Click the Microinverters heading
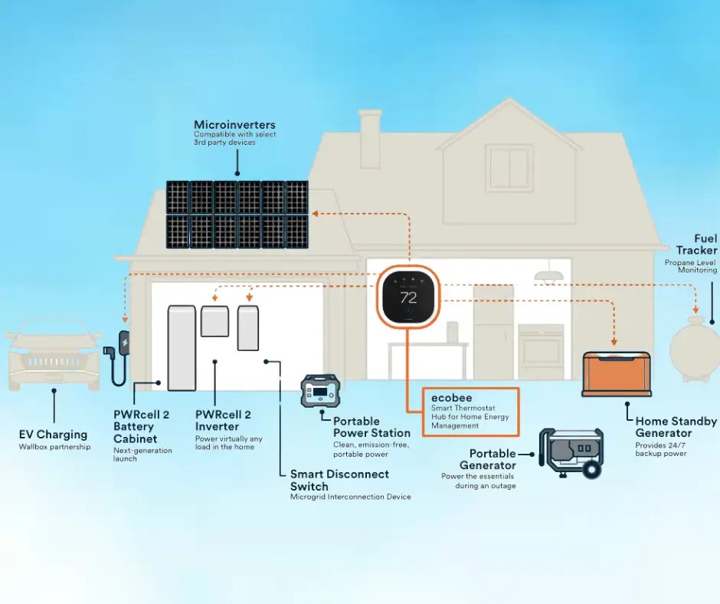pos(234,125)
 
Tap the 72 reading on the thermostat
pos(408,297)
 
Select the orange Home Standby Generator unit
pos(617,373)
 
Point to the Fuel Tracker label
pos(696,245)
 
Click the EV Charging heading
pos(53,435)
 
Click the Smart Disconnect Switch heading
pos(339,480)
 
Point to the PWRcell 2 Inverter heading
pos(228,420)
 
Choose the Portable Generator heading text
pos(488,459)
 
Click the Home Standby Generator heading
pos(676,427)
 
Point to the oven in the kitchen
pos(541,353)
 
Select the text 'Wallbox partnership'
pos(54,447)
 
